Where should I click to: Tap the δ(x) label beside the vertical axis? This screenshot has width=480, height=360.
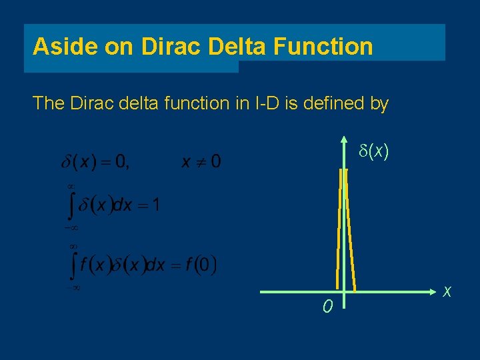370,152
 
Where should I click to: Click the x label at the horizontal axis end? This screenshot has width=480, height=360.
447,291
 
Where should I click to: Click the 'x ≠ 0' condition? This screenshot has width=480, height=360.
201,161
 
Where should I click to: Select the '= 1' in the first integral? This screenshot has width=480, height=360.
148,205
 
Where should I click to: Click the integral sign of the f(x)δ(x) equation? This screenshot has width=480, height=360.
73,266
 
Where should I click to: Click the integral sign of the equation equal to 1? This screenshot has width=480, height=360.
73,205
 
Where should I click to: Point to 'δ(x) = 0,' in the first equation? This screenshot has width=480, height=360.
97,161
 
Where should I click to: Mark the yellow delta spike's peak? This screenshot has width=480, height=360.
343,171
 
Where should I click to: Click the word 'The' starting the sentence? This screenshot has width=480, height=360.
48,103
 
